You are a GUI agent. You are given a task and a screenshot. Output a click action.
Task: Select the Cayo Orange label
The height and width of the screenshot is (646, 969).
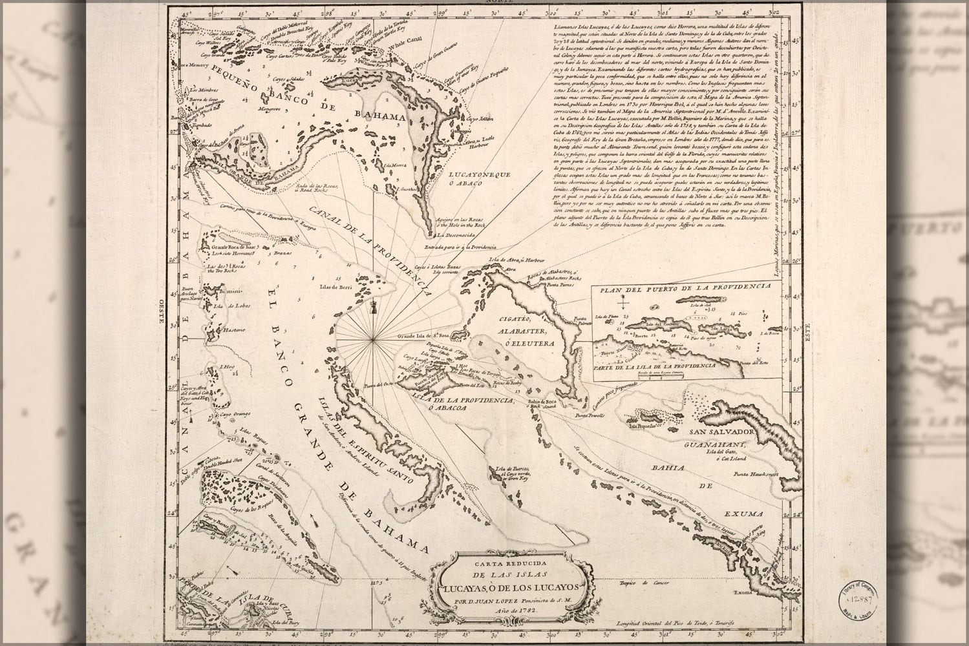pos(229,413)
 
